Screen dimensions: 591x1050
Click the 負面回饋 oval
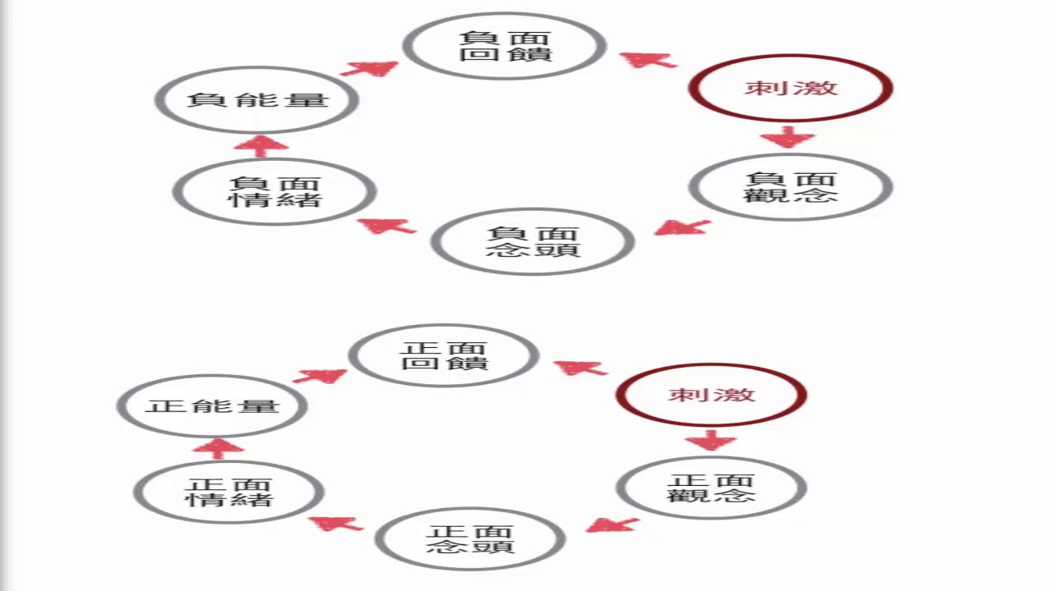504,46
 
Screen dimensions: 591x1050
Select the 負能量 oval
257,100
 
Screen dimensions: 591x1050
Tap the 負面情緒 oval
275,192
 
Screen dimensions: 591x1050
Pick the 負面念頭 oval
532,242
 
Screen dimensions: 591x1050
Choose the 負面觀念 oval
790,187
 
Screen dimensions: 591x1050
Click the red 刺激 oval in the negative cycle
791,88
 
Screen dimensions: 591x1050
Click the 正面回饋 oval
444,355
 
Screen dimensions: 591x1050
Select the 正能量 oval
212,406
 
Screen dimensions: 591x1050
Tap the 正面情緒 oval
229,492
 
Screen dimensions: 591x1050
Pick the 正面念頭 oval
470,539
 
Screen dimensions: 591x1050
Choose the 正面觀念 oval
711,488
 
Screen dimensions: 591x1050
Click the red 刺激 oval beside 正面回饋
711,395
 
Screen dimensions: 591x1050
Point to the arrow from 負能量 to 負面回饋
370,68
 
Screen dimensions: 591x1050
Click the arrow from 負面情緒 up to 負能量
261,145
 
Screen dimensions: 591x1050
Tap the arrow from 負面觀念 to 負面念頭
682,227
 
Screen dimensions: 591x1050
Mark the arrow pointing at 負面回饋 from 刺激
648,59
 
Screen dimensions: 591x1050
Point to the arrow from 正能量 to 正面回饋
320,376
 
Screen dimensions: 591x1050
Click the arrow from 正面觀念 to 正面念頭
612,524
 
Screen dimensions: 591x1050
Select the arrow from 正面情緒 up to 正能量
217,447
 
